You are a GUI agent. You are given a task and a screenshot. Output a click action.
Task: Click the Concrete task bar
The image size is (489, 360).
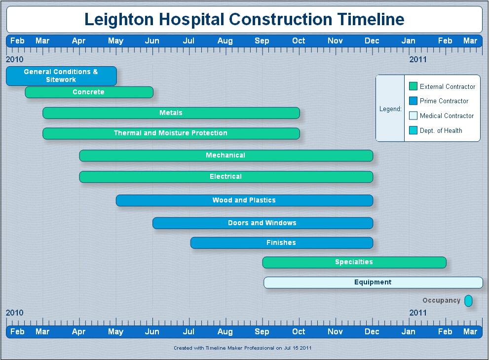coord(89,92)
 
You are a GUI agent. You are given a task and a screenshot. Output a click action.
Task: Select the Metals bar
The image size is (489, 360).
coord(171,113)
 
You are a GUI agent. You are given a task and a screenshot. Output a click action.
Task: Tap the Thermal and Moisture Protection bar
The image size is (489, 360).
coord(171,133)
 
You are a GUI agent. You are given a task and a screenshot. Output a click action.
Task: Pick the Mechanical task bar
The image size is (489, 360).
coord(226,156)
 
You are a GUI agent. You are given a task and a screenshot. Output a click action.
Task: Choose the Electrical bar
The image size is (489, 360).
coord(226,177)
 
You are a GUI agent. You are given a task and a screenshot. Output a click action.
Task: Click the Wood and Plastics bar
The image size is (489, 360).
coord(245,200)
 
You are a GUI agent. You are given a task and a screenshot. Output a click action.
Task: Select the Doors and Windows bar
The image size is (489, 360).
coord(263,223)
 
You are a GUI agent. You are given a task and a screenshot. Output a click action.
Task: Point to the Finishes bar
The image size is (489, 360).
coord(282,243)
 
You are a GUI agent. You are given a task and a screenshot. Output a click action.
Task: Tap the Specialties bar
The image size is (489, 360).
coord(354,262)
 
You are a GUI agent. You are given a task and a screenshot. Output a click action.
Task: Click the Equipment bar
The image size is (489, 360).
coord(374,282)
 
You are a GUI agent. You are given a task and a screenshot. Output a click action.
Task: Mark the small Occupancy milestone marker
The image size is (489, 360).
coord(468,301)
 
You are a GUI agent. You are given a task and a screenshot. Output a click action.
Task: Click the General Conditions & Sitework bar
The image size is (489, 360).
coord(62,76)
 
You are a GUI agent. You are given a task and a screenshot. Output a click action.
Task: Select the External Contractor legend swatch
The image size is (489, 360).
coord(413,86)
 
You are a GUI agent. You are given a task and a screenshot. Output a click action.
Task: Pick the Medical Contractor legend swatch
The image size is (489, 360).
coord(413,116)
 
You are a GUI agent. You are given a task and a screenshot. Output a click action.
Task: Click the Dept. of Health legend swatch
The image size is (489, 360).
coord(413,130)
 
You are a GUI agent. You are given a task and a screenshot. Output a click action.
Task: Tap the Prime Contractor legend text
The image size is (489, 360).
coord(444,101)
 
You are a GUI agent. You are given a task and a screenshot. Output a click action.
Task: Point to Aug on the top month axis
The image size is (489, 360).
coord(225,41)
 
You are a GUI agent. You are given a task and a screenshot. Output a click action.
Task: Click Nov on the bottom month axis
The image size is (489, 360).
coord(335,331)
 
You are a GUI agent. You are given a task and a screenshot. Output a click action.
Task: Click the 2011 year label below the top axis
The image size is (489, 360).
coord(418,59)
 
